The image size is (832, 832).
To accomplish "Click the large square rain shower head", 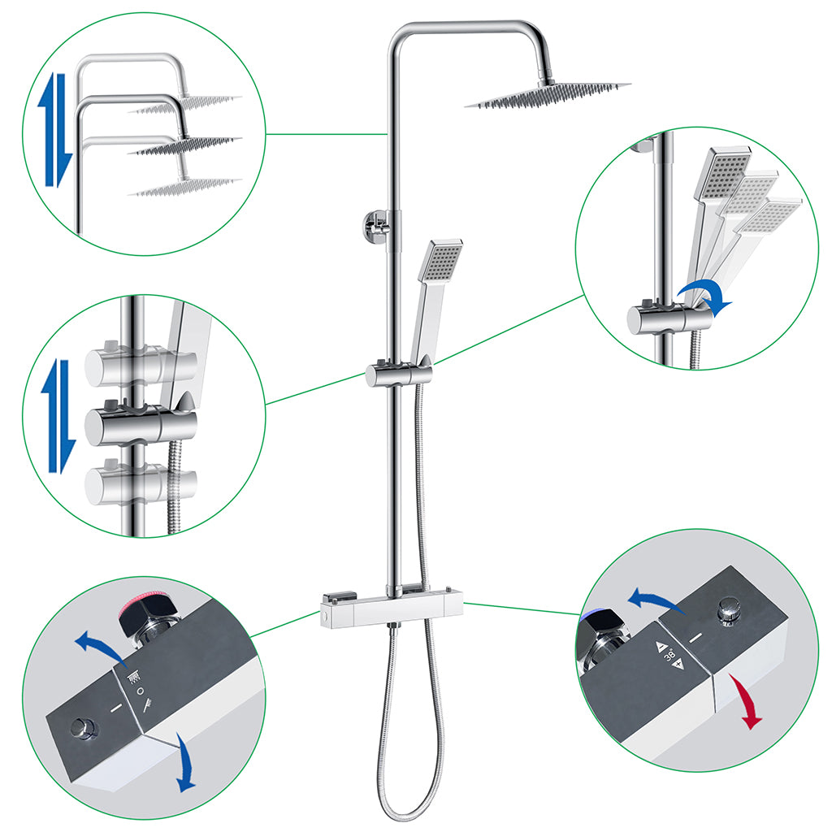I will point(548,95).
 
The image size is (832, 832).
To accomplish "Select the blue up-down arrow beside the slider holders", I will point(58,414).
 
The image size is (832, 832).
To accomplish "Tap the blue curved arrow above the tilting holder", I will point(705,295).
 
